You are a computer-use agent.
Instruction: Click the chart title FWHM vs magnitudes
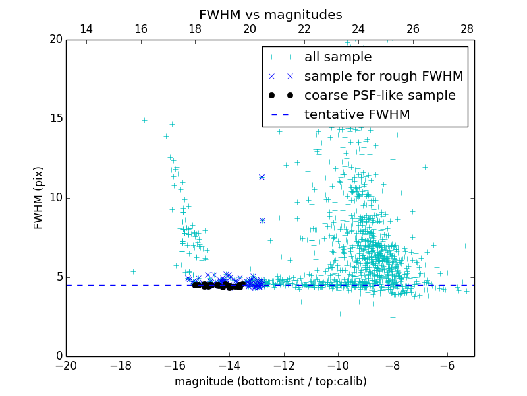pyautogui.click(x=270, y=15)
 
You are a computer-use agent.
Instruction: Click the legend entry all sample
pyautogui.click(x=337, y=57)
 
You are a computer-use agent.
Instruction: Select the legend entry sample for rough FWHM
pyautogui.click(x=383, y=77)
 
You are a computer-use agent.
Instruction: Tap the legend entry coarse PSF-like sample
pyautogui.click(x=379, y=96)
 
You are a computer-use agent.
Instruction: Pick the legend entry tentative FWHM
pyautogui.click(x=357, y=115)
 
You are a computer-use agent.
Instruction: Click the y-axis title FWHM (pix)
pyautogui.click(x=39, y=198)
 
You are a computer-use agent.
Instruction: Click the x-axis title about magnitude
pyautogui.click(x=270, y=381)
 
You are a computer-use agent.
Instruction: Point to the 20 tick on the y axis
pyautogui.click(x=55, y=40)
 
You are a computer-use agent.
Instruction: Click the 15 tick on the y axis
pyautogui.click(x=55, y=119)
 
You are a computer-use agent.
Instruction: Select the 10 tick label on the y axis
pyautogui.click(x=55, y=198)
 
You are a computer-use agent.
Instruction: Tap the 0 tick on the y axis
pyautogui.click(x=59, y=356)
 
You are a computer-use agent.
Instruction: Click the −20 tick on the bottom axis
pyautogui.click(x=66, y=366)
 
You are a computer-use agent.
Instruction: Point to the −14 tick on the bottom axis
pyautogui.click(x=229, y=366)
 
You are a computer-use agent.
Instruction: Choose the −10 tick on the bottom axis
pyautogui.click(x=338, y=366)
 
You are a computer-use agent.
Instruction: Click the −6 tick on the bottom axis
pyautogui.click(x=447, y=366)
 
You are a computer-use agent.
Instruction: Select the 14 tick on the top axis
pyautogui.click(x=86, y=30)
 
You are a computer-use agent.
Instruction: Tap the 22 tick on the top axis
pyautogui.click(x=304, y=30)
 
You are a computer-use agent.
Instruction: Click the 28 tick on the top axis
pyautogui.click(x=467, y=30)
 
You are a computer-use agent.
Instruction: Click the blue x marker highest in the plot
pyautogui.click(x=262, y=177)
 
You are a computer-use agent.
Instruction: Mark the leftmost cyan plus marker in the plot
pyautogui.click(x=133, y=271)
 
